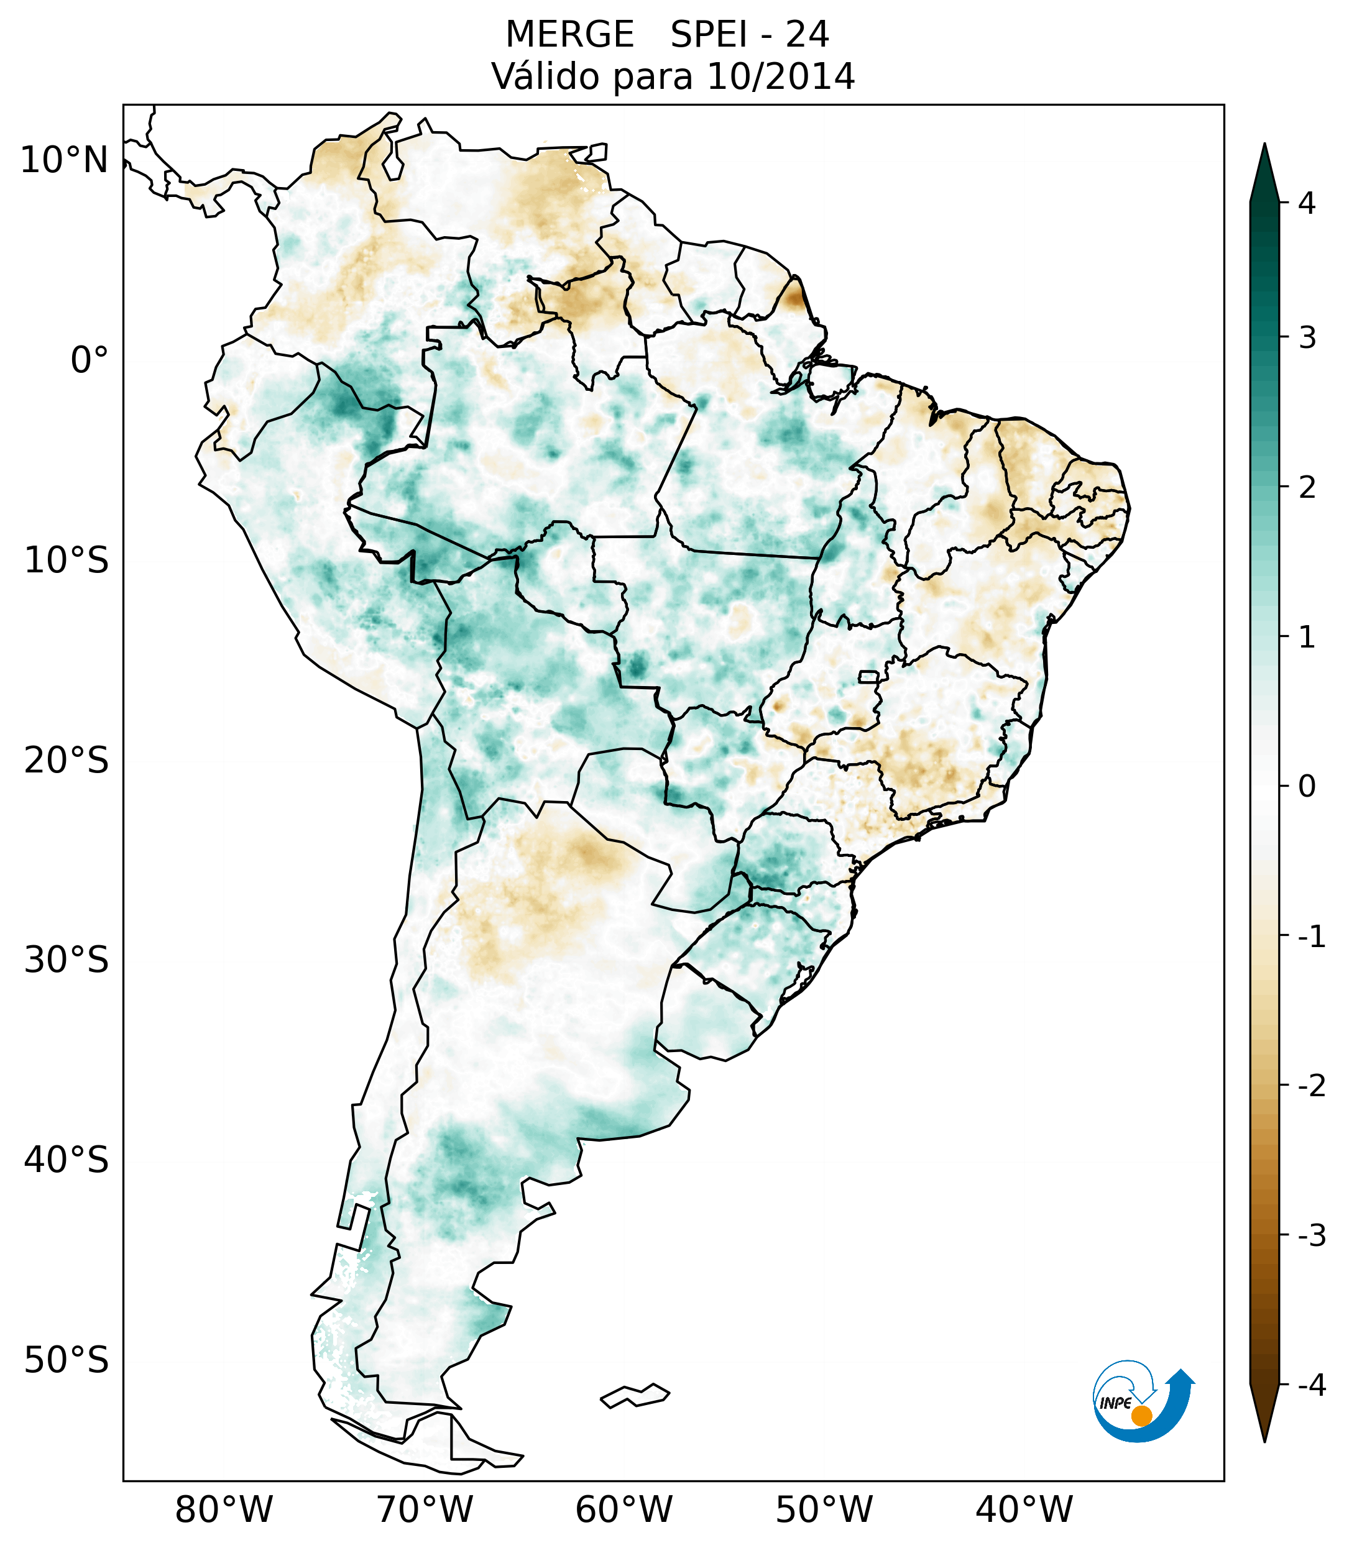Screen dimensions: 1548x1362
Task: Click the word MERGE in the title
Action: [569, 35]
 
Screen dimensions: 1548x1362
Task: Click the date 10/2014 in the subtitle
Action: [780, 76]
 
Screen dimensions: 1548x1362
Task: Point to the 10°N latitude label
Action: [65, 160]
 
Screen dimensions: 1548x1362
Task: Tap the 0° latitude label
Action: [90, 360]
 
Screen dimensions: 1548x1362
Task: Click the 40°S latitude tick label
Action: [67, 1160]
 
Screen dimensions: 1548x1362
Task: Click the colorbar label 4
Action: [1307, 203]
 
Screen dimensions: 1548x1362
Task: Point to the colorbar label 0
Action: [1307, 787]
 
